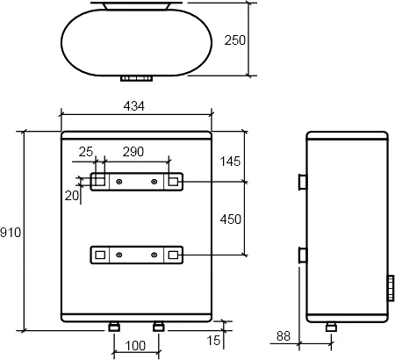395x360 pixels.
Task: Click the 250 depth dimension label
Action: click(x=235, y=40)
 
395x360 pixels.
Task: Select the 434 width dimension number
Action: click(x=134, y=106)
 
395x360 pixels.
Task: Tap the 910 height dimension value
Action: click(x=11, y=233)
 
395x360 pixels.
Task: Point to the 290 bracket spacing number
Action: click(x=133, y=152)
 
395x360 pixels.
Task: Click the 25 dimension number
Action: click(x=86, y=152)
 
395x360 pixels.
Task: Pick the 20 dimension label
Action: click(x=72, y=196)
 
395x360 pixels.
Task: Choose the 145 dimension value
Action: click(x=230, y=162)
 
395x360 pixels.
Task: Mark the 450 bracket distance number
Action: click(x=231, y=220)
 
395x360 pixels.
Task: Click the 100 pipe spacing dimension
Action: click(x=135, y=346)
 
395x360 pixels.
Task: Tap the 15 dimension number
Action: click(x=213, y=341)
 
